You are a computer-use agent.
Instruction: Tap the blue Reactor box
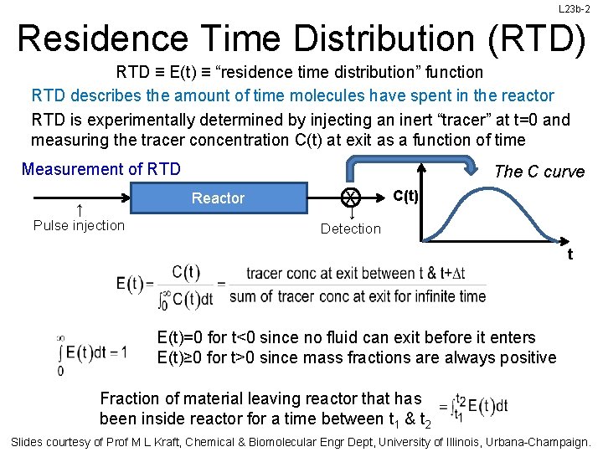pyautogui.click(x=218, y=198)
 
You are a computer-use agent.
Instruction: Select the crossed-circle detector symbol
pyautogui.click(x=351, y=198)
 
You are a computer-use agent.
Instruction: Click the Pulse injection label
pyautogui.click(x=79, y=225)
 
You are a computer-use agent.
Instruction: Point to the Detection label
pyautogui.click(x=351, y=229)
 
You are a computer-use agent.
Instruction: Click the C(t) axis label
pyautogui.click(x=407, y=196)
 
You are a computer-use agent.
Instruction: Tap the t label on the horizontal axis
pyautogui.click(x=570, y=254)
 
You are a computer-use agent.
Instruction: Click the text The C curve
pyautogui.click(x=539, y=172)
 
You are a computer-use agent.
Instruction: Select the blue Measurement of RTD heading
pyautogui.click(x=101, y=169)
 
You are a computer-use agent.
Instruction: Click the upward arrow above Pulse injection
pyautogui.click(x=78, y=209)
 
